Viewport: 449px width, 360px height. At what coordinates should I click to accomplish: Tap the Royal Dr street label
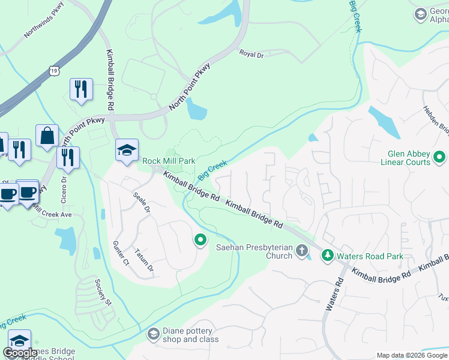click(x=252, y=53)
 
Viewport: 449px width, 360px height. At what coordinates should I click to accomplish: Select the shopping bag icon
click(x=47, y=136)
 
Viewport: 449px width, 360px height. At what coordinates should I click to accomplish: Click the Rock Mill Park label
click(x=169, y=161)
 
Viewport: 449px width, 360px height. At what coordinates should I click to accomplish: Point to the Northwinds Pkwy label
click(x=43, y=28)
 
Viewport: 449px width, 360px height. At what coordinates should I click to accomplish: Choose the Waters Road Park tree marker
click(x=327, y=256)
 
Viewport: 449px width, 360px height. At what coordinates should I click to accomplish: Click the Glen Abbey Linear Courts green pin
click(x=439, y=158)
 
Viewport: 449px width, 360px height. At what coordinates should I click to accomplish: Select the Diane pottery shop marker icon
click(x=154, y=334)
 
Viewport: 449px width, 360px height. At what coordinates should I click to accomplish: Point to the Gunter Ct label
click(x=121, y=253)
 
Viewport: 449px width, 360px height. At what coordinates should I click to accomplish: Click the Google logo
click(x=20, y=353)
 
